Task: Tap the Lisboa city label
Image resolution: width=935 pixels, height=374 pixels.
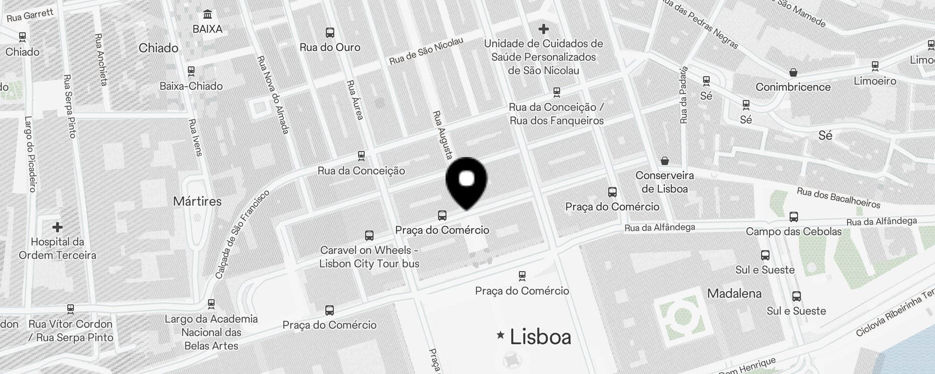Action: pos(540,337)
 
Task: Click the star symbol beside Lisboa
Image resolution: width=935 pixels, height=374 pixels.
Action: pos(501,335)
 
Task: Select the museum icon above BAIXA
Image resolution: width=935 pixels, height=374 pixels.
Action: pos(208,14)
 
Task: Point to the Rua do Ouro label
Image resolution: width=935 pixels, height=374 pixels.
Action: pos(330,47)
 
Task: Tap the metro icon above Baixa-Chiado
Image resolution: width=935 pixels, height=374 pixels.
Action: pos(191,71)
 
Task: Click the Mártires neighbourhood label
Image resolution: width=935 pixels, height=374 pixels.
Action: pos(197,201)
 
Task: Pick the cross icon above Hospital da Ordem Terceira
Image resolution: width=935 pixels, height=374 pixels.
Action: pos(58,227)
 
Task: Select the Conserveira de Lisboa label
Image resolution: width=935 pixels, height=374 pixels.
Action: pos(664,182)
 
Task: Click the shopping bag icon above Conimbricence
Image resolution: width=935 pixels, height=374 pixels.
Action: pos(793,72)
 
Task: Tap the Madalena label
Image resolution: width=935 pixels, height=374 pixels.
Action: pos(734,294)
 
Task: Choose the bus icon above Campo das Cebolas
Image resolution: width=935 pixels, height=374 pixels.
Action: pos(793,217)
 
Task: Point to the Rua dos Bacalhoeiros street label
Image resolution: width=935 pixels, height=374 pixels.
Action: pos(838,198)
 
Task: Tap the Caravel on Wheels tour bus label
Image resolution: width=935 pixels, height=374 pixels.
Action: pos(369,257)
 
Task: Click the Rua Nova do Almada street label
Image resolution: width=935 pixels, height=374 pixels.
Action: pos(273,95)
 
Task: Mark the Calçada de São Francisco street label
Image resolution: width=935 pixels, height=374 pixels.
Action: pos(242,234)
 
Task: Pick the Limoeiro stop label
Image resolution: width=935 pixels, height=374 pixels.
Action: pos(875,81)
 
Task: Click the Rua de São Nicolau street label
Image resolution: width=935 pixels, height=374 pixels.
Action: pos(426,51)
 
